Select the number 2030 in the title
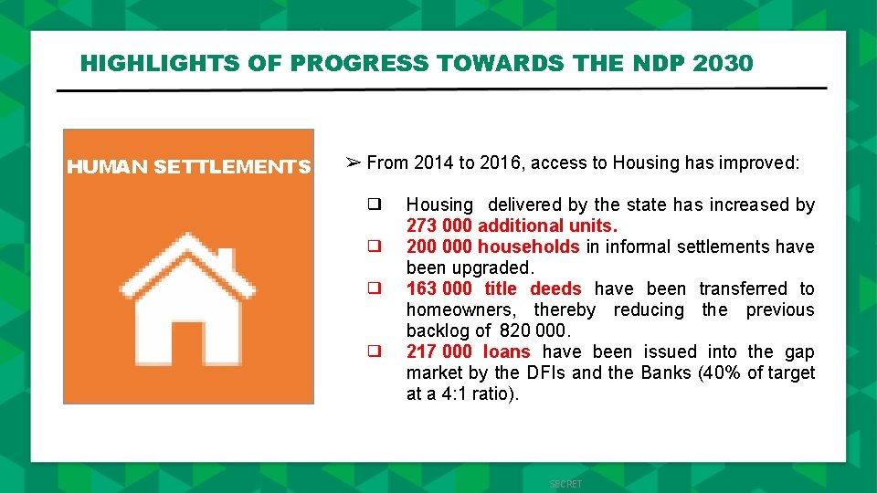724,63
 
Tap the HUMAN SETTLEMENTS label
188,167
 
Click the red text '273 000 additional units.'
512,226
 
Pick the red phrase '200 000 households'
492,246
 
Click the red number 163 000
438,288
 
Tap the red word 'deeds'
555,288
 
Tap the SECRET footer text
565,484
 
